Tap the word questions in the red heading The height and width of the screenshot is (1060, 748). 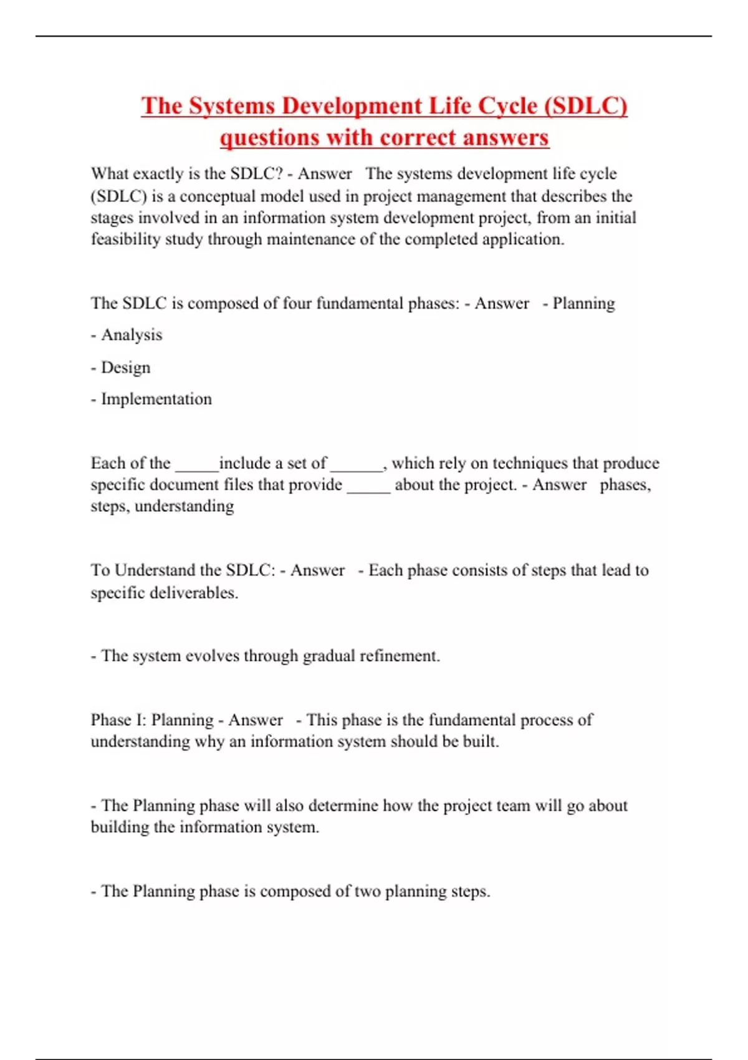(x=269, y=137)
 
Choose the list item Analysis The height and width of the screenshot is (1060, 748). (x=132, y=335)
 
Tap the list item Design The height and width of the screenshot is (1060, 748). (x=125, y=367)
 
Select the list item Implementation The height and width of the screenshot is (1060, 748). (x=156, y=399)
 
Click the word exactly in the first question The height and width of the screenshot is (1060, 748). (x=155, y=174)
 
